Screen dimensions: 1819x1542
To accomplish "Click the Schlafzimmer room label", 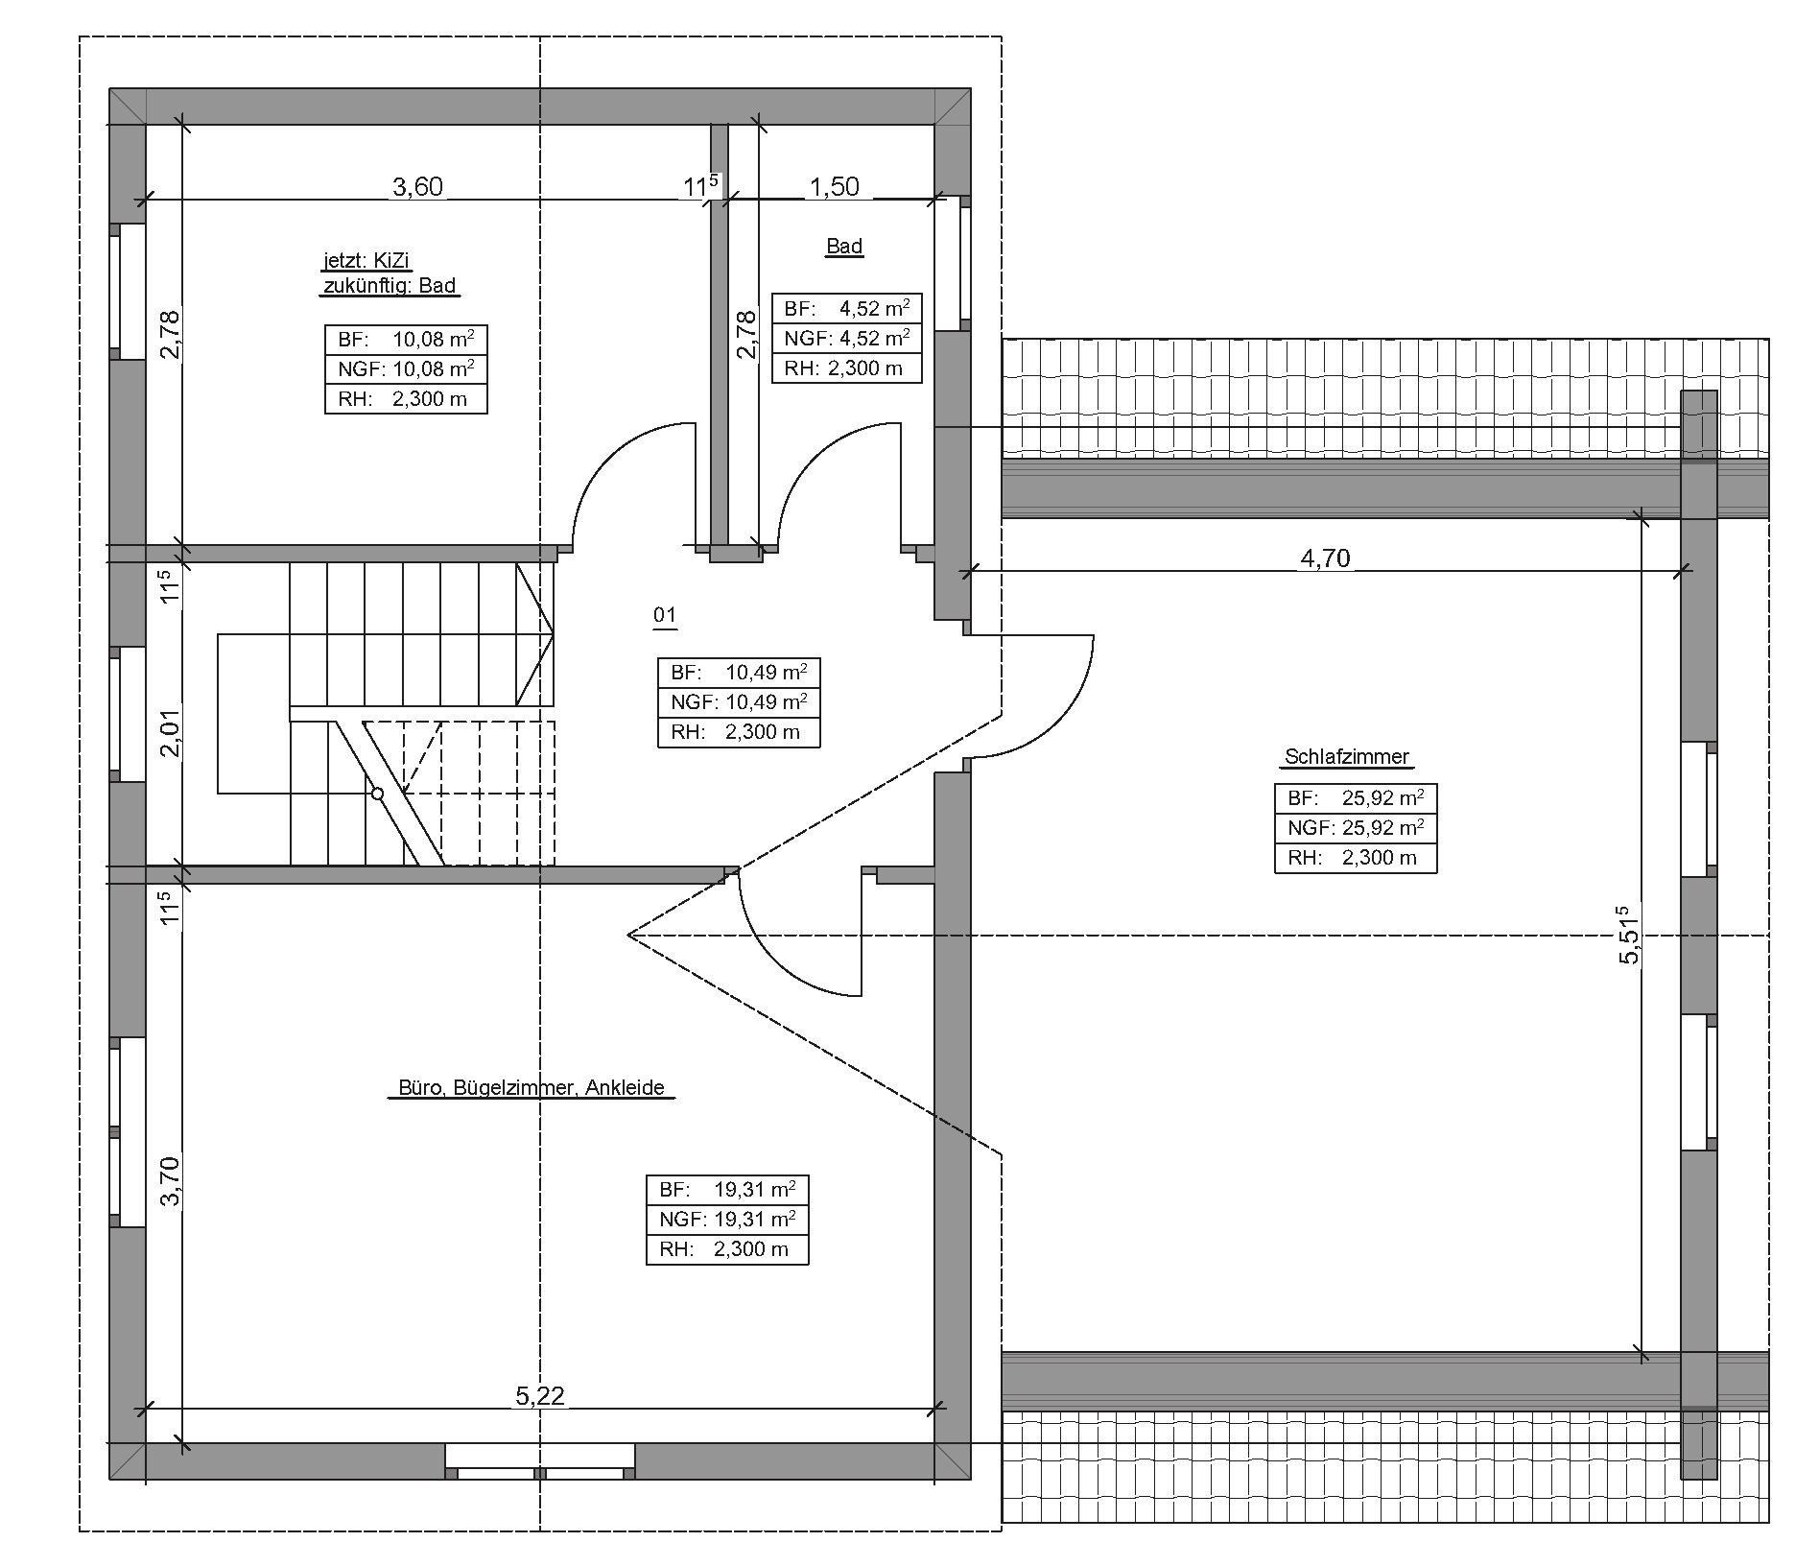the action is click(x=1347, y=756).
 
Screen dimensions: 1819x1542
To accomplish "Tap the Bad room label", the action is click(x=844, y=246).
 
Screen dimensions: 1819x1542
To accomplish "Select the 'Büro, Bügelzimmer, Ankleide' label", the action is click(x=532, y=1087).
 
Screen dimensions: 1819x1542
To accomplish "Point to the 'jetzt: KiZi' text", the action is click(x=367, y=261).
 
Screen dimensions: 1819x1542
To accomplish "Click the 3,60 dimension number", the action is click(x=418, y=186).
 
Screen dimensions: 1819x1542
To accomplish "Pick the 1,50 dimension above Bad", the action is click(x=834, y=186).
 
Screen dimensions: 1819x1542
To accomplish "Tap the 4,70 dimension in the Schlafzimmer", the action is click(x=1325, y=557).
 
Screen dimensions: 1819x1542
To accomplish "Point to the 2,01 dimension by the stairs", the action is click(x=169, y=733).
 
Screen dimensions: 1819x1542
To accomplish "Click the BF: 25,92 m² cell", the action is click(x=1356, y=798).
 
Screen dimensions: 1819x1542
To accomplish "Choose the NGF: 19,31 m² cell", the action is click(x=727, y=1220).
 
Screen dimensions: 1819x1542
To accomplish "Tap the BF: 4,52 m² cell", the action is click(x=847, y=309).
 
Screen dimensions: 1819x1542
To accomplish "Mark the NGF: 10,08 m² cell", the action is click(x=406, y=369).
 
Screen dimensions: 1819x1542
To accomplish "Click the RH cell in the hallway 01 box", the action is click(x=739, y=732).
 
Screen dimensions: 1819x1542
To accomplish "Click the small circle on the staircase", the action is click(x=377, y=794).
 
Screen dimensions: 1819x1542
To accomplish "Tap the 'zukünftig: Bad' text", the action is click(x=389, y=286).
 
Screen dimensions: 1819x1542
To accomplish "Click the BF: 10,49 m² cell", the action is click(x=739, y=673).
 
